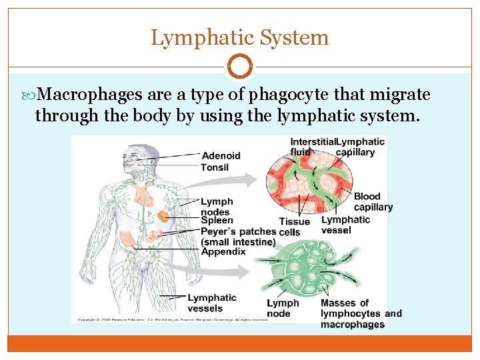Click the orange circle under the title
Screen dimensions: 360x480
(240, 67)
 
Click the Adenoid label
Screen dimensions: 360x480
(221, 156)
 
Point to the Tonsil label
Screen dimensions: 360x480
(215, 167)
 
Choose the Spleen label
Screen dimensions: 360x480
(217, 220)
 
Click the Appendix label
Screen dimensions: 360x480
(223, 251)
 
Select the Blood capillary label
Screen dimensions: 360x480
(373, 201)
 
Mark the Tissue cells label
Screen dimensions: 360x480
(294, 227)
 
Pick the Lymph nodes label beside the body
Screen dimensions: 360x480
(217, 206)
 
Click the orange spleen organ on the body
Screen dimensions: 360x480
(163, 218)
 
